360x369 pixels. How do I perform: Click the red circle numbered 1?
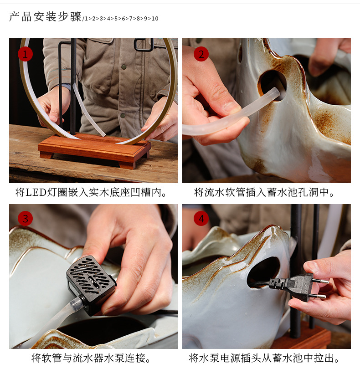click(x=25, y=54)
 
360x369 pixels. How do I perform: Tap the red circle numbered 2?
click(x=201, y=54)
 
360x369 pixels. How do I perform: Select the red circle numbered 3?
click(x=25, y=219)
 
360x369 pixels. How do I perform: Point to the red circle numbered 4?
click(x=201, y=219)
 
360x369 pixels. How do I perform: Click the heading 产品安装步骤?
click(x=45, y=17)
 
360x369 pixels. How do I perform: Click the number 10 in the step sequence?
click(x=155, y=19)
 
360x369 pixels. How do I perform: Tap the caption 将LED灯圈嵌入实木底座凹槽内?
click(x=91, y=193)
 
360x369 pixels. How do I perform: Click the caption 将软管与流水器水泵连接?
click(x=91, y=358)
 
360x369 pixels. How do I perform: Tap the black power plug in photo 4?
click(x=292, y=287)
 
